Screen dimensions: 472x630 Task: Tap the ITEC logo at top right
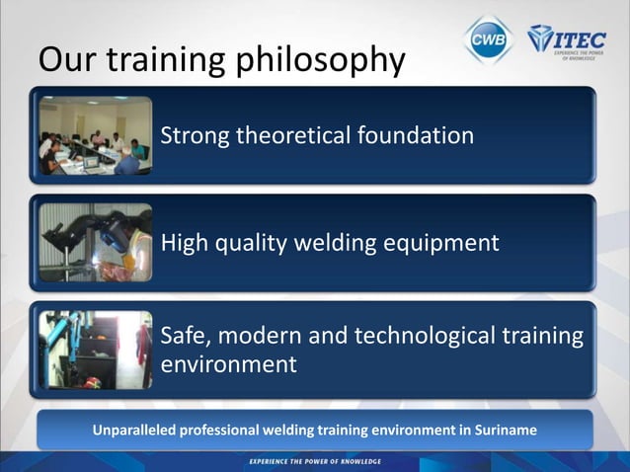(x=567, y=39)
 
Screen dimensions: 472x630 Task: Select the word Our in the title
(x=66, y=60)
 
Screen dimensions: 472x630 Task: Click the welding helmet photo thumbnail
(x=95, y=243)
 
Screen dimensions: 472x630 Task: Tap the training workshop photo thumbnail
(x=95, y=350)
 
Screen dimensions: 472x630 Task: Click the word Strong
(x=194, y=135)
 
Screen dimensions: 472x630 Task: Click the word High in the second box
(x=185, y=243)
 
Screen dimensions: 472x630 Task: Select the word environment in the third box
(x=228, y=364)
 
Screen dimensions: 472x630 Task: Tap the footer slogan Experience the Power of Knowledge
(x=314, y=461)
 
